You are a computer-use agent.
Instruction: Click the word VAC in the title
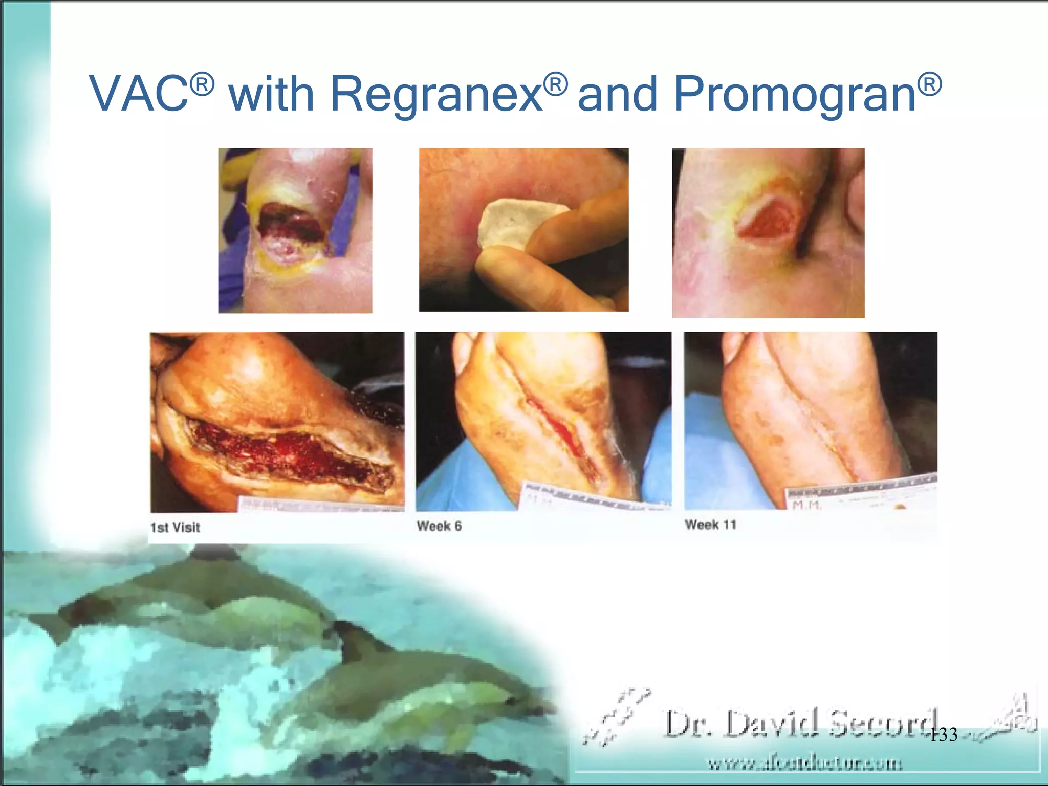click(x=139, y=94)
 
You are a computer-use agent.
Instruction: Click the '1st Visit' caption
click(x=175, y=527)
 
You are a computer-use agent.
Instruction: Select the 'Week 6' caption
click(x=439, y=526)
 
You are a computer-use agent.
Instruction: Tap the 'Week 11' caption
click(x=710, y=525)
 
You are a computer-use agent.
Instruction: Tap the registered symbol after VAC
click(x=202, y=83)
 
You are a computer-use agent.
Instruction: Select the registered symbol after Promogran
click(x=929, y=84)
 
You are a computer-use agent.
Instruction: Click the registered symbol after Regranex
click(x=555, y=84)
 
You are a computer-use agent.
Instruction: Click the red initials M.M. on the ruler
click(x=807, y=505)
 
